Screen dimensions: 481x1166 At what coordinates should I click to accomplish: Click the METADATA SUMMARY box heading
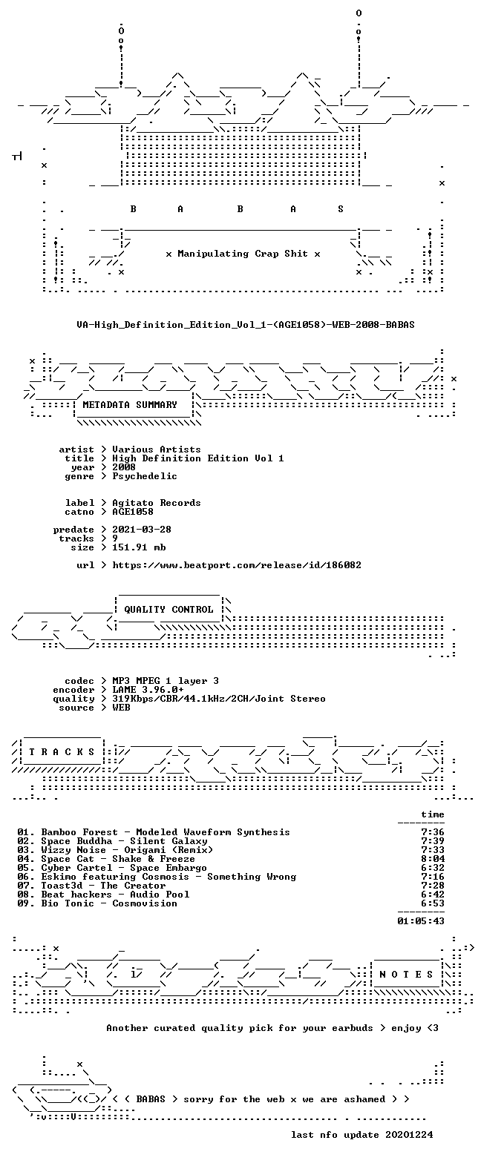(130, 404)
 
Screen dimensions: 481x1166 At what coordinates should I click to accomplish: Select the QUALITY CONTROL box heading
(168, 610)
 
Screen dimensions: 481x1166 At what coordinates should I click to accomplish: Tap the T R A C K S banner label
(62, 752)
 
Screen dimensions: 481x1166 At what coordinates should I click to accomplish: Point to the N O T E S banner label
(406, 975)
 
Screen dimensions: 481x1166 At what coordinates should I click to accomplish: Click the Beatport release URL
(237, 564)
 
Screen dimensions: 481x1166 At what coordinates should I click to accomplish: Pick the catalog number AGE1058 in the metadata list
(133, 512)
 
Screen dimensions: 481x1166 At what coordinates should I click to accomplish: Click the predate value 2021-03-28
(142, 530)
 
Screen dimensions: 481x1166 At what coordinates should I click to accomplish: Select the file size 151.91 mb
(139, 547)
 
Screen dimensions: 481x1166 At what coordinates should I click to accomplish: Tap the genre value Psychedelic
(144, 476)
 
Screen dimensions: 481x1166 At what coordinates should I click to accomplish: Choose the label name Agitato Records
(157, 503)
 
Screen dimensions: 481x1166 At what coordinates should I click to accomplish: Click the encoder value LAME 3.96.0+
(148, 690)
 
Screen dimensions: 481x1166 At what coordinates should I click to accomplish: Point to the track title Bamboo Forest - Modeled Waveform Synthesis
(166, 832)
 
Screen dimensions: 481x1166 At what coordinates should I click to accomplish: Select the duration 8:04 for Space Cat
(433, 859)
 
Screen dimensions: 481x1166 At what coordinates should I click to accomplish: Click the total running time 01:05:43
(421, 920)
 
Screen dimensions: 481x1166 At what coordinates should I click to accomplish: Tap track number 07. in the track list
(25, 886)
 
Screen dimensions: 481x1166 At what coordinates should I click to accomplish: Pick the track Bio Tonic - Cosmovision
(109, 903)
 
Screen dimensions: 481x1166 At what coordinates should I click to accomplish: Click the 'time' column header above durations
(433, 814)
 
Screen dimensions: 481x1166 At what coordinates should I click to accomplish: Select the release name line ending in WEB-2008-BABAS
(246, 325)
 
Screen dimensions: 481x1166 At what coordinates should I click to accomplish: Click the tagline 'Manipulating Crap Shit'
(242, 254)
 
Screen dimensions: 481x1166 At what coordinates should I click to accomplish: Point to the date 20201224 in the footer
(409, 1135)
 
